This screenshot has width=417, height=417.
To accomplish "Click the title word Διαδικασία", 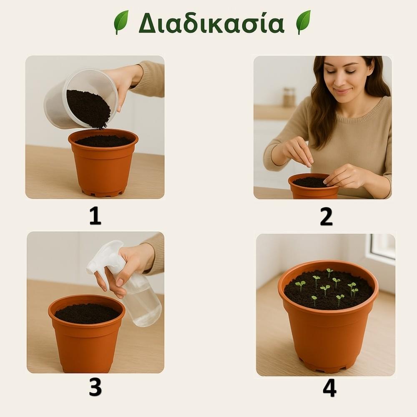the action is coord(211,23).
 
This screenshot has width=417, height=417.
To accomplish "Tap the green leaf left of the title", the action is coord(121,22).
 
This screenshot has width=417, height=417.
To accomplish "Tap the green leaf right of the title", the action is coord(304,22).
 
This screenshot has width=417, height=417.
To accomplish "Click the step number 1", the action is coord(95,216).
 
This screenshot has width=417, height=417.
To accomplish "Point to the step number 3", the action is coord(95,387).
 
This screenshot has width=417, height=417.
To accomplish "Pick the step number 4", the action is coord(329,387).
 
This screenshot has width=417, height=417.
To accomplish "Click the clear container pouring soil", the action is coord(81,99).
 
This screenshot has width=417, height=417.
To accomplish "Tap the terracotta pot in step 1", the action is coord(103,163).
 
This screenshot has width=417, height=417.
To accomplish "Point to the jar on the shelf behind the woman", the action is coord(289,97).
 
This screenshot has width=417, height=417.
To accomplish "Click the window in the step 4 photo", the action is coord(381,249).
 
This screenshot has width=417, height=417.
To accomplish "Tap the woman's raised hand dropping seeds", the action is coord(298,151).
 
